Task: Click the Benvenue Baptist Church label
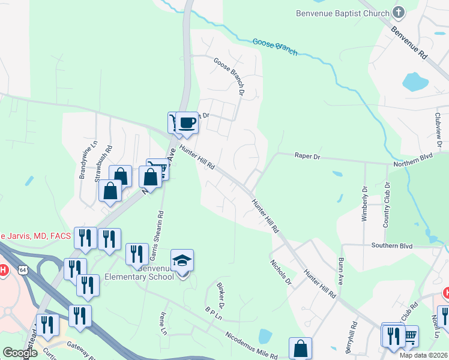[x=343, y=13]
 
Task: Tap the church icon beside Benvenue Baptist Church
[x=397, y=12]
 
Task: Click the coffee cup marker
[x=187, y=123]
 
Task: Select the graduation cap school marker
[x=182, y=260]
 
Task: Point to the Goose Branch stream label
[x=275, y=47]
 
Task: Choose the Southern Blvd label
[x=392, y=245]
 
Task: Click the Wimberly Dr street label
[x=364, y=203]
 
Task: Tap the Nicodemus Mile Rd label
[x=252, y=346]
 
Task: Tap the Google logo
[x=20, y=353]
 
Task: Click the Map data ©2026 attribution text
[x=423, y=355]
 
